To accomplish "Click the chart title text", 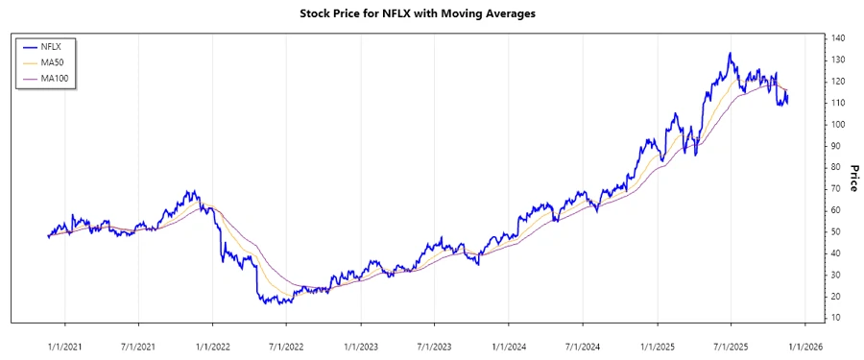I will click(431, 14).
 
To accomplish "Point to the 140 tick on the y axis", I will click(838, 38).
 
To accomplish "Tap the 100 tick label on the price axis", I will click(838, 125).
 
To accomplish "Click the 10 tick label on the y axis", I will click(836, 318).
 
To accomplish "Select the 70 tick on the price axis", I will click(836, 189).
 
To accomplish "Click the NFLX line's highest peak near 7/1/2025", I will click(731, 54).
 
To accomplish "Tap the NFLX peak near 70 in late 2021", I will click(190, 191).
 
